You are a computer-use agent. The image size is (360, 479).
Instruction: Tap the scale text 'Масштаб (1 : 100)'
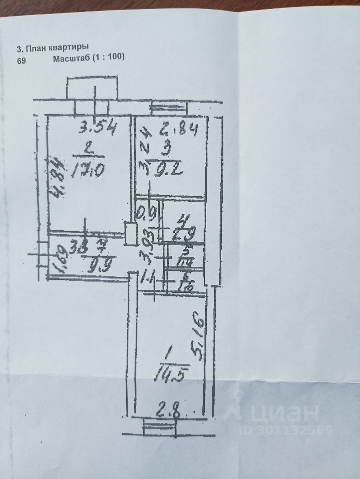point(87,58)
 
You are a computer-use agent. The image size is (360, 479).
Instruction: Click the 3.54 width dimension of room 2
point(98,129)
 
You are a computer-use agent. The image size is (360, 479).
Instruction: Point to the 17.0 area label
point(91,172)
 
